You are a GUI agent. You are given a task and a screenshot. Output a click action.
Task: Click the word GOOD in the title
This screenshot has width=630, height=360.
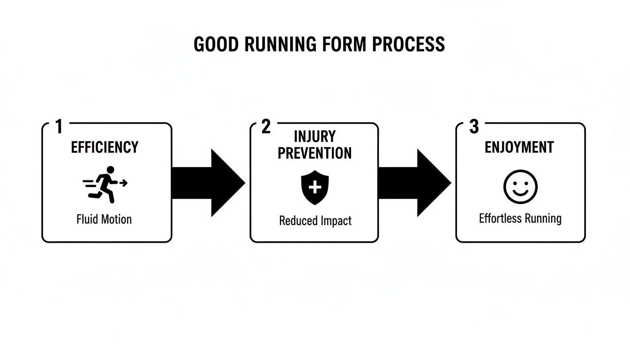pos(213,44)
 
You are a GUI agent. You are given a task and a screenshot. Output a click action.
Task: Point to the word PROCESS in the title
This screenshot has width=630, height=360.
pos(408,44)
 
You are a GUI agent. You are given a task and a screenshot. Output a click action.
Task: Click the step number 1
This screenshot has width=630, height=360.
pos(59,127)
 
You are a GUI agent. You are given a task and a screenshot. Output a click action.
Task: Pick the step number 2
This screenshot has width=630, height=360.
pos(266,127)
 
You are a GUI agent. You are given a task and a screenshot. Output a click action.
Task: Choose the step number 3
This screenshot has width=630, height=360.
pos(474,127)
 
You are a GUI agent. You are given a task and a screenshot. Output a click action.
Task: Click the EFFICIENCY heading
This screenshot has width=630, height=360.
pos(105,147)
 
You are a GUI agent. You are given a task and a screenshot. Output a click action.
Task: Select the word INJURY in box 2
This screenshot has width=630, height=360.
pos(315,137)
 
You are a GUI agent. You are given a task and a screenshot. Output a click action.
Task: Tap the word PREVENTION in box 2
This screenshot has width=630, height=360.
pos(315,153)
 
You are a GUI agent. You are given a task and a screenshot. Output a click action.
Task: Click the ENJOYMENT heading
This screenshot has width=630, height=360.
pos(519,147)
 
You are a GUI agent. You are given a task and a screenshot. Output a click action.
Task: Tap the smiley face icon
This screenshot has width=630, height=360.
pos(520,186)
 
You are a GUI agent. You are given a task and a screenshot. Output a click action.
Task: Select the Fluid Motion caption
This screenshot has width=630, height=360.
pos(104,219)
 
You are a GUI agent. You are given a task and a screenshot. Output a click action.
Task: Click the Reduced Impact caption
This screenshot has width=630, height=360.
pos(315,220)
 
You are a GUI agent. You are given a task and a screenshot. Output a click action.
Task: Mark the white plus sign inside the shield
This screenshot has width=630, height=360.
pos(315,187)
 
